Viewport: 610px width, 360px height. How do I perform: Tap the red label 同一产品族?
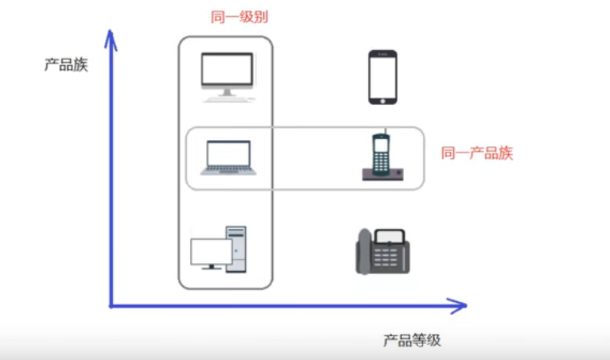coord(477,153)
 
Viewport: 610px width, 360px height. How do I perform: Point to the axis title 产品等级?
coord(412,340)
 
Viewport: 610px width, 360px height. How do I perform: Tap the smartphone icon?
coord(383,77)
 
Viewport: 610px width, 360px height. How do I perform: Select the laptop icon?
coord(227,157)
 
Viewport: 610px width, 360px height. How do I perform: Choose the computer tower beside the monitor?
coord(237,249)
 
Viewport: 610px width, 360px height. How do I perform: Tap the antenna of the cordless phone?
coord(383,132)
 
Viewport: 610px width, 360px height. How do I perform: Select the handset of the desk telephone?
coord(363,251)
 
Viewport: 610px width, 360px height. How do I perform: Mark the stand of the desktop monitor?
coord(227,95)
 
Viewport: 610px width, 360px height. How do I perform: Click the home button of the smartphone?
coord(383,99)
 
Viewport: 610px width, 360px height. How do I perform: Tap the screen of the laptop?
coord(228,153)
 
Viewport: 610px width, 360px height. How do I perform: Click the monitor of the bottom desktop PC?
coord(212,251)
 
